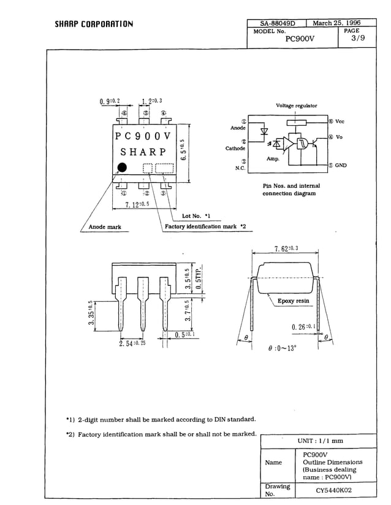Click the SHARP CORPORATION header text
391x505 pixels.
click(94, 25)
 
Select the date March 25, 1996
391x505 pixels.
click(336, 23)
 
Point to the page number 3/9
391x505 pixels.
click(358, 38)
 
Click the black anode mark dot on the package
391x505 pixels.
click(122, 168)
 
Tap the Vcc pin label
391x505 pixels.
click(340, 121)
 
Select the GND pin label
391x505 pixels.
click(341, 165)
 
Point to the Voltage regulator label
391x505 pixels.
click(297, 106)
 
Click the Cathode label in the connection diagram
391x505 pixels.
click(235, 148)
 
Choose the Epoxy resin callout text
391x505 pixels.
click(294, 301)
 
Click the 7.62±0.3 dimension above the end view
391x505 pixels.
click(286, 249)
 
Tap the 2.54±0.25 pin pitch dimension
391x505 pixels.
click(132, 342)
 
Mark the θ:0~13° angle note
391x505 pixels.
click(283, 348)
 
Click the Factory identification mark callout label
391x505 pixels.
click(205, 227)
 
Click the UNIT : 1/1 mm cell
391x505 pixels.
click(320, 441)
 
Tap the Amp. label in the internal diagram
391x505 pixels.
click(273, 159)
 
